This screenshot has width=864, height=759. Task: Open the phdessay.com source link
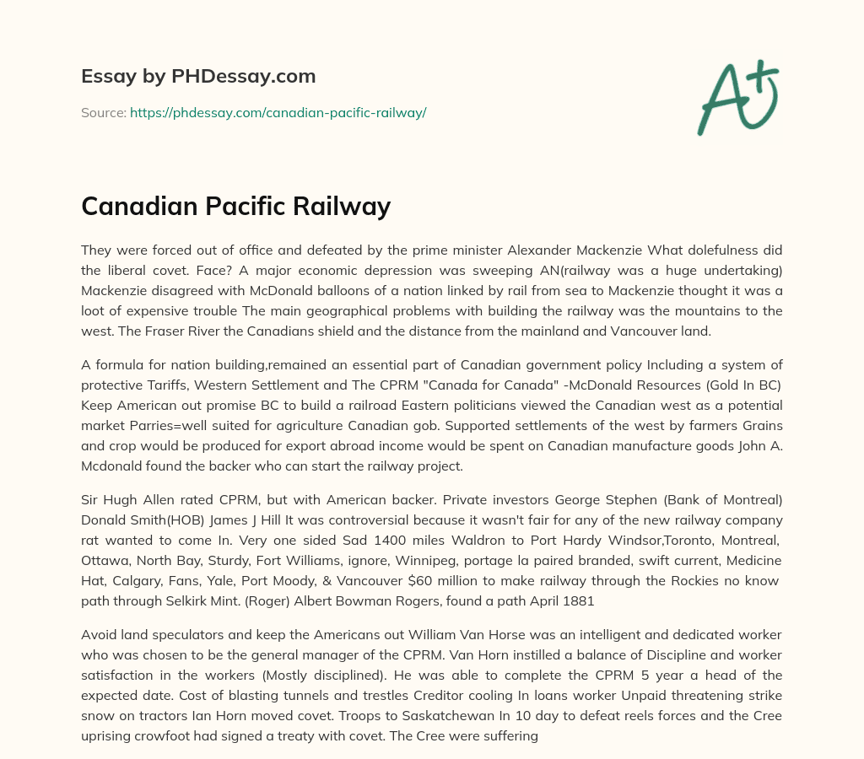[278, 112]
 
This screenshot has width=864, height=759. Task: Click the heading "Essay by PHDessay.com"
[198, 77]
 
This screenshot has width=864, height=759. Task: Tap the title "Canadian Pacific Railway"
[235, 206]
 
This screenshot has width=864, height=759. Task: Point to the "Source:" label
[104, 112]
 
